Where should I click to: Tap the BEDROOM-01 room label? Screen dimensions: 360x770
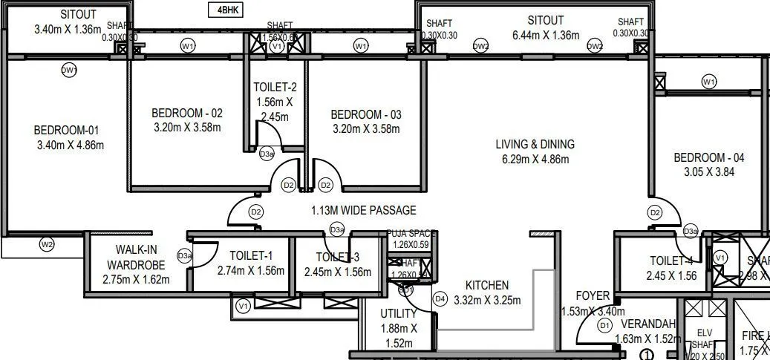pos(70,131)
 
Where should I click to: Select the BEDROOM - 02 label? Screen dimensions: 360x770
pos(186,114)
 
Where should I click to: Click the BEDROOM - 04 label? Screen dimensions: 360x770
pos(708,157)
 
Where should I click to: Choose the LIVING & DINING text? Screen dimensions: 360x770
pos(535,144)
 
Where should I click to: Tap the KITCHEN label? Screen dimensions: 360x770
pos(487,285)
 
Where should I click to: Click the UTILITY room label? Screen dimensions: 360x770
pos(399,314)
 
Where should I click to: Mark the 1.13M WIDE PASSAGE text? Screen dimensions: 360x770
pos(364,210)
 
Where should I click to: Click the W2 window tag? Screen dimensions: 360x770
pos(47,244)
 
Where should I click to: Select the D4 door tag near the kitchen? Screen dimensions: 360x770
pos(440,299)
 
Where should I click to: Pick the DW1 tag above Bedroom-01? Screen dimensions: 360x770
pos(70,70)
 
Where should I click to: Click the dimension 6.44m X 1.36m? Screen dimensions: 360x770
pos(545,35)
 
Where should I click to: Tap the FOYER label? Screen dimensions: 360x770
pos(592,296)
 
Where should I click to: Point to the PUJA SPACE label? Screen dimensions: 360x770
pos(410,233)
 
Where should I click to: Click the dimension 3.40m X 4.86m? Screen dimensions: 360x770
pos(70,145)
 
